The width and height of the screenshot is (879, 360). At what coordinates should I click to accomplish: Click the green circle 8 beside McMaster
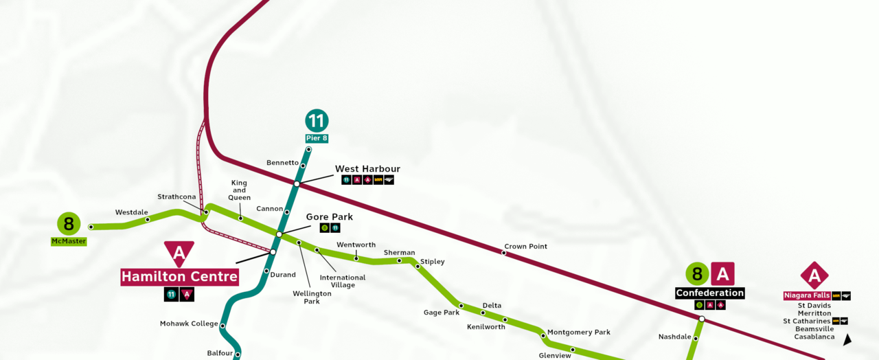[x=69, y=223]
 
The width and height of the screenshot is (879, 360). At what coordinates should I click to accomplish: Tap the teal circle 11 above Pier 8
[x=317, y=121]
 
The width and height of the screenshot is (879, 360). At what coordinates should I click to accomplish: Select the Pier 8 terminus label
[x=317, y=139]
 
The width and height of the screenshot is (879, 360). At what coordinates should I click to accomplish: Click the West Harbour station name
[x=367, y=169]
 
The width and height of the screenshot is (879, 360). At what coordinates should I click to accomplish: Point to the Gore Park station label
[x=329, y=217]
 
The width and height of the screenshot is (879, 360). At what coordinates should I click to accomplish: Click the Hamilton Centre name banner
[x=179, y=277]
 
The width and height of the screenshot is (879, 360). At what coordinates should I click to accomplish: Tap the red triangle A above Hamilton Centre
[x=179, y=253]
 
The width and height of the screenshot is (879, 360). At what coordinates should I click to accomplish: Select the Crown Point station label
[x=525, y=247]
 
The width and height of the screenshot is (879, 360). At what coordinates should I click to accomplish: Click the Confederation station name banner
[x=709, y=293]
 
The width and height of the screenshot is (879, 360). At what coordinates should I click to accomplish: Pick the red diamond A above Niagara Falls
[x=814, y=275]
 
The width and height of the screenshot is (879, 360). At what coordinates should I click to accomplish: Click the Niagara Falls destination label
[x=807, y=295]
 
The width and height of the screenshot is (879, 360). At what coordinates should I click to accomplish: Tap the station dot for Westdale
[x=148, y=220]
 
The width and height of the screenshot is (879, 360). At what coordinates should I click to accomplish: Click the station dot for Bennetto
[x=303, y=166]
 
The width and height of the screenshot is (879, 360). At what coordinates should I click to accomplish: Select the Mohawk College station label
[x=189, y=324]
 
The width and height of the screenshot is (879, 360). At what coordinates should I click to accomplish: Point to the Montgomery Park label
[x=578, y=333]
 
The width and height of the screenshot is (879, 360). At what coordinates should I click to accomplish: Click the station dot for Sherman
[x=399, y=260]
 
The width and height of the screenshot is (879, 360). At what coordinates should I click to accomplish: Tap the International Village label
[x=343, y=281]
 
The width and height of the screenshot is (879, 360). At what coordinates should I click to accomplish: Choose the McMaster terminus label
[x=69, y=241]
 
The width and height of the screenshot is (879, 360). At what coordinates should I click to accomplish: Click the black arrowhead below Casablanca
[x=847, y=339]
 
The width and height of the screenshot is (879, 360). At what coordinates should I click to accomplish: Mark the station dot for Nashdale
[x=696, y=338]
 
